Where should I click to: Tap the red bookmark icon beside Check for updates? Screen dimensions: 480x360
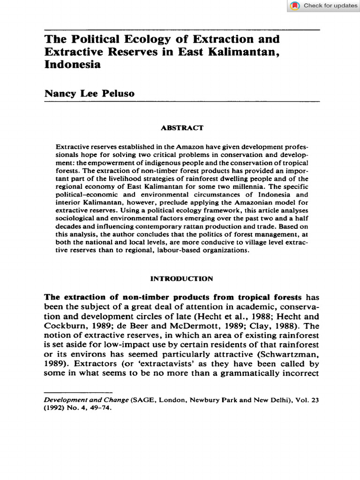tap(295, 6)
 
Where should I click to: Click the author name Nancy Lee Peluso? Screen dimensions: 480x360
tap(90, 93)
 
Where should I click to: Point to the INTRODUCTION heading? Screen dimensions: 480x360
tap(181, 278)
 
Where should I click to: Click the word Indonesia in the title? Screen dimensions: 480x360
tap(73, 65)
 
